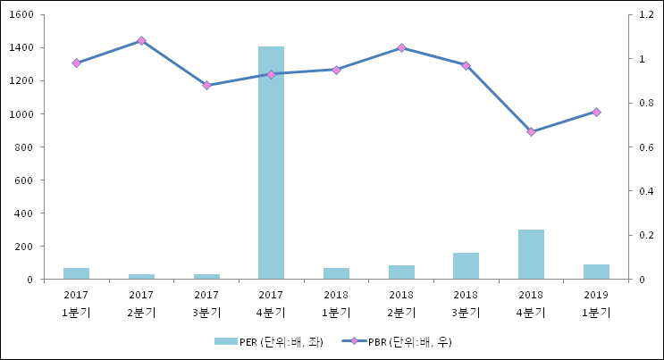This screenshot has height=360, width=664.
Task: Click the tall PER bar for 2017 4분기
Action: click(271, 163)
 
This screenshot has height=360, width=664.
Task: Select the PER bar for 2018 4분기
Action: click(531, 255)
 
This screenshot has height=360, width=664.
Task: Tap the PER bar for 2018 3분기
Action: click(466, 266)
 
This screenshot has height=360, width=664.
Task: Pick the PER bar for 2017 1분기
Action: click(76, 273)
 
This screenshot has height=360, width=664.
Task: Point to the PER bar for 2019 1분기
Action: click(596, 272)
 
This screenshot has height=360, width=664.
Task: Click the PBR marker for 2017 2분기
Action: click(141, 41)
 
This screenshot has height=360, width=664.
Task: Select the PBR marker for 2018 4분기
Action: click(531, 131)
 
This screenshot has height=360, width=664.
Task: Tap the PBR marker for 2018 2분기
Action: click(401, 47)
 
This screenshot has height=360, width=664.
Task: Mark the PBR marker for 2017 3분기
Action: click(206, 85)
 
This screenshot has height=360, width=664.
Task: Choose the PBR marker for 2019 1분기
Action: click(596, 112)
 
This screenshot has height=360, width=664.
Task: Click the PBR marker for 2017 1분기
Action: click(76, 63)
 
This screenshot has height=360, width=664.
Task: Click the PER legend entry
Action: click(268, 341)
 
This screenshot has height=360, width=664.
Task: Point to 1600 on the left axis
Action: click(21, 15)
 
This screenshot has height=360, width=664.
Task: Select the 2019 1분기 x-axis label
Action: click(596, 303)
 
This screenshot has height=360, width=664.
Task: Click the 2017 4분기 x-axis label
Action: click(271, 303)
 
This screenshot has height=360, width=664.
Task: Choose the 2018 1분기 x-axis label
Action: click(336, 303)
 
